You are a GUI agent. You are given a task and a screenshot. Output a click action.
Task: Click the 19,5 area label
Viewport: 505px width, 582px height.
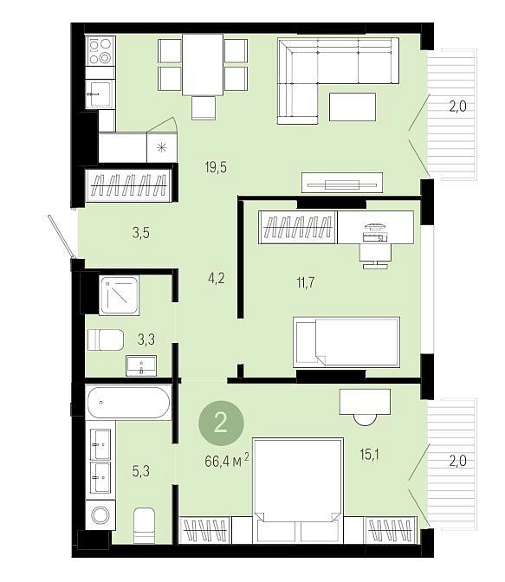coord(216,167)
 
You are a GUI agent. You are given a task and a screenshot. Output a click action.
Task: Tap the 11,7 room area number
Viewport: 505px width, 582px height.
coord(305,283)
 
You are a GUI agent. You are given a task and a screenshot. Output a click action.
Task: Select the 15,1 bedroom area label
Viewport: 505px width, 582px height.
coord(369,455)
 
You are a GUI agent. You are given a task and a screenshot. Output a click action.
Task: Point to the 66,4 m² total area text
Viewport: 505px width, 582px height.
coord(226,462)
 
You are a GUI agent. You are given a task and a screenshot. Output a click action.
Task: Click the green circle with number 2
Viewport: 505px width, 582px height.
coord(221,423)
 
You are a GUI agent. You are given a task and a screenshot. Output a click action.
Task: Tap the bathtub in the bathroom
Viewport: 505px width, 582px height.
coord(128,403)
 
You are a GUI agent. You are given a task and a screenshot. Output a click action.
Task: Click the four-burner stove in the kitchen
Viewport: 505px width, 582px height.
coord(100,51)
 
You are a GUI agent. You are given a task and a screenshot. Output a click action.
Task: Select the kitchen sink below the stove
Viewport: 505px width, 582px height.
coord(99,94)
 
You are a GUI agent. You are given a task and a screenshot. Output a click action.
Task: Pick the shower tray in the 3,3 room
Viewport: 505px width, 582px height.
coord(120,295)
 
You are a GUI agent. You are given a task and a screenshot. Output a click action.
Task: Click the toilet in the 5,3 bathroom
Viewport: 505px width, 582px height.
coord(144,525)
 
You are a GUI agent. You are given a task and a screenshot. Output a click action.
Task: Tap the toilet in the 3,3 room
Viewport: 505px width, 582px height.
coord(106,339)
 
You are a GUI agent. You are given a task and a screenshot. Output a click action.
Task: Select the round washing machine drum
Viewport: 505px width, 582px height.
coord(100,515)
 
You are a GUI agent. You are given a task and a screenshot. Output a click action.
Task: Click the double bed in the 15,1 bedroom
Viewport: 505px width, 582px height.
coord(298,491)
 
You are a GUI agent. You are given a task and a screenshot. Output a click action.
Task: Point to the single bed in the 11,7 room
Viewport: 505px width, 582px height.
coord(346,342)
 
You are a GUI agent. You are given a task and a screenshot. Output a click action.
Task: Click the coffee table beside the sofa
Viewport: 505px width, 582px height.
coord(353,107)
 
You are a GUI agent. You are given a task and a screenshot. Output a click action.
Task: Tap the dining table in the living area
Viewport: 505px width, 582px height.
coord(203,65)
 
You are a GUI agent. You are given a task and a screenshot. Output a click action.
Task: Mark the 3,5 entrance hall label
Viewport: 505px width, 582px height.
coord(141,233)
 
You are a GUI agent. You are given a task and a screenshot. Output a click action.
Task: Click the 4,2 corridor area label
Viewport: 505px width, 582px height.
coord(216,278)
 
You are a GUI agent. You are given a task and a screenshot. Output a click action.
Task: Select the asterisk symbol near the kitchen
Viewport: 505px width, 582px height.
coord(161,148)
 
